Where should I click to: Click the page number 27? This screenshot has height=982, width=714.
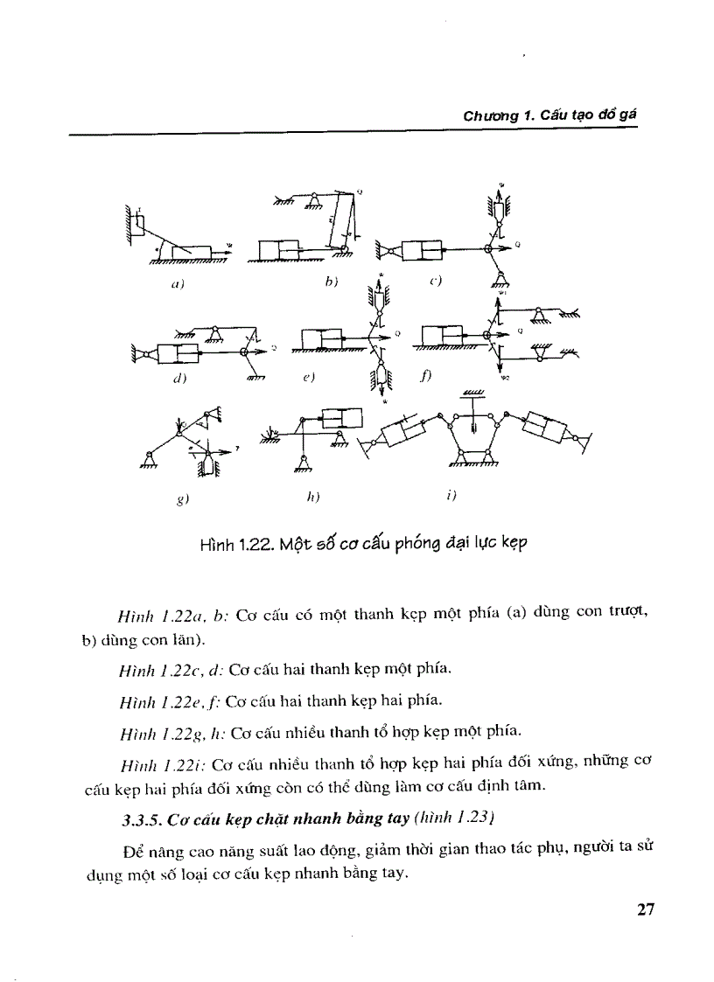pos(646,909)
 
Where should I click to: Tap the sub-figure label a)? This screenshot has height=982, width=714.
pos(176,284)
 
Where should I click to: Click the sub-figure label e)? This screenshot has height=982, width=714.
pos(308,377)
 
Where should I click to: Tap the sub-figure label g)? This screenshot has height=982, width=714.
pos(180,499)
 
